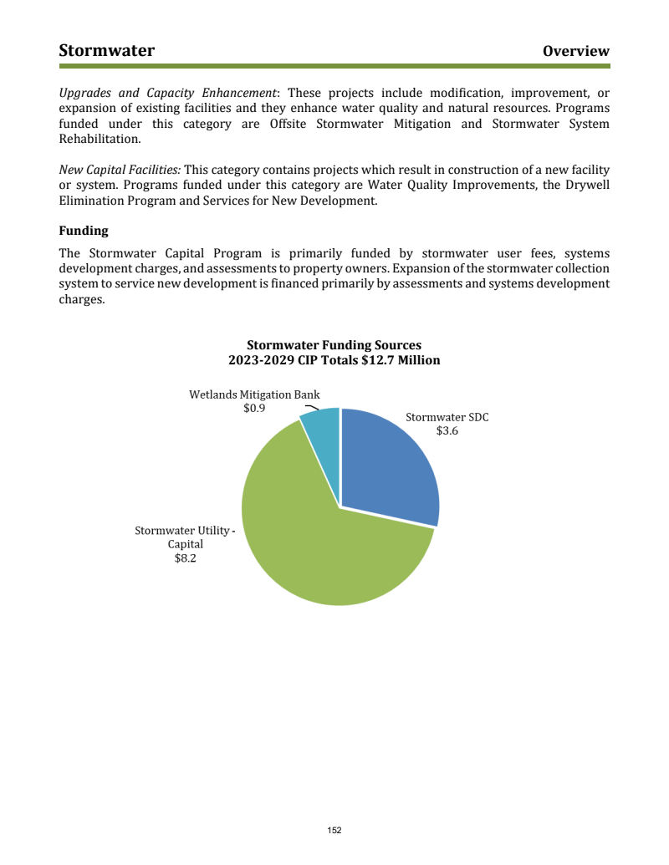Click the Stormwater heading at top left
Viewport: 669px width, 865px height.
(x=106, y=51)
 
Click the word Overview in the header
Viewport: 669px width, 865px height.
(x=575, y=51)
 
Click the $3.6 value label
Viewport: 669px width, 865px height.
(x=447, y=431)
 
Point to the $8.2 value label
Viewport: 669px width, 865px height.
(x=185, y=558)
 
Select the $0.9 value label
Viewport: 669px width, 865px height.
(x=254, y=409)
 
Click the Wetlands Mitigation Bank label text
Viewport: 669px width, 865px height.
(x=254, y=394)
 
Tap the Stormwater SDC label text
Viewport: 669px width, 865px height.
(x=447, y=416)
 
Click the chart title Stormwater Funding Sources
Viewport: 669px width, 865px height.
(x=334, y=345)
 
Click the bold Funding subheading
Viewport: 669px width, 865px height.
(x=84, y=230)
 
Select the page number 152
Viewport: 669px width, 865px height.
(x=334, y=830)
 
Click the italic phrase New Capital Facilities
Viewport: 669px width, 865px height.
(x=119, y=170)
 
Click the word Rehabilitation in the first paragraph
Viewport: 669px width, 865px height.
(x=99, y=139)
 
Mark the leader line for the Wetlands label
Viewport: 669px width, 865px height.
(x=311, y=408)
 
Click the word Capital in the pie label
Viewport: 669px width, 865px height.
(x=186, y=544)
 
